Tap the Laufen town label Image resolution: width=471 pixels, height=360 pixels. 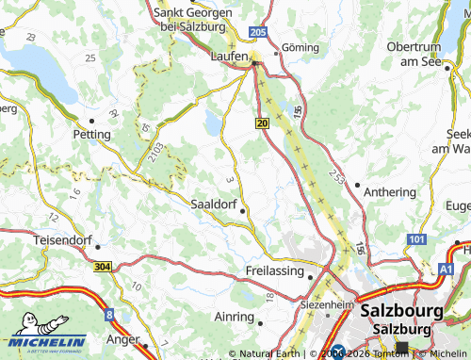[228, 57]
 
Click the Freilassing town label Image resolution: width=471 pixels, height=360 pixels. [276, 270]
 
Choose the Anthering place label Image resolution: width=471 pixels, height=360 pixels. [390, 191]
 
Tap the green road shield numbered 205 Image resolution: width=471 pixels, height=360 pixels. [259, 32]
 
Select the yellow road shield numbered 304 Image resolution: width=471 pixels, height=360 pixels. [101, 267]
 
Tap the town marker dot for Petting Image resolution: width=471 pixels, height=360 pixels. [92, 121]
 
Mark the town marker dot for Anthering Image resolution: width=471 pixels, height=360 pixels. [357, 185]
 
